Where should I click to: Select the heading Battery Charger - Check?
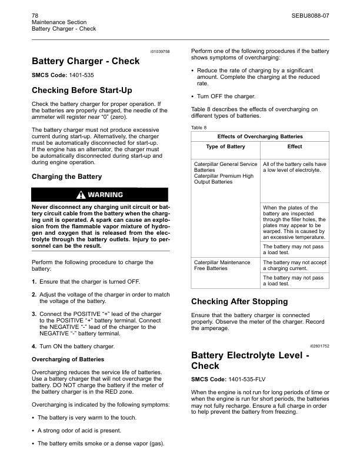(85, 61)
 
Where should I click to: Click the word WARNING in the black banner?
(106, 195)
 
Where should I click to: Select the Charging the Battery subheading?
(66, 176)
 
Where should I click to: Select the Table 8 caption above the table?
(199, 127)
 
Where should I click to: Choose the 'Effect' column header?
(295, 147)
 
